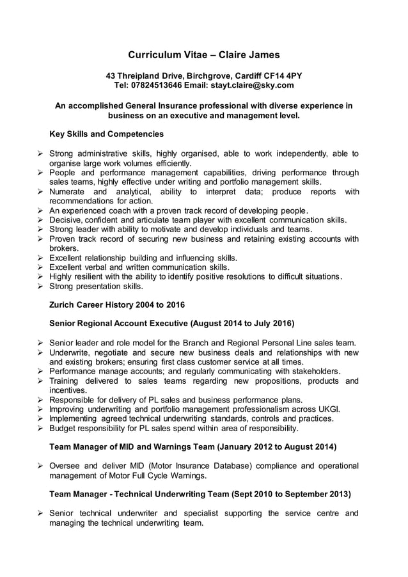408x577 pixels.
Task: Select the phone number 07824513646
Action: pos(159,85)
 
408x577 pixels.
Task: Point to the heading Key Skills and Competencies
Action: pos(107,134)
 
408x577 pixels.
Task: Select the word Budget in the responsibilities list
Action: pos(63,429)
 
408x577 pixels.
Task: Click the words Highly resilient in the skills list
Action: pos(79,277)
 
